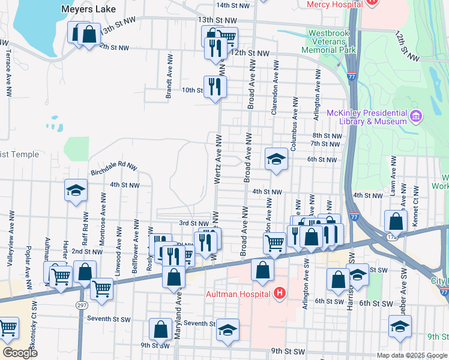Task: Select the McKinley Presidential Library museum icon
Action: point(416,115)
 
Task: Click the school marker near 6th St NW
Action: point(276,159)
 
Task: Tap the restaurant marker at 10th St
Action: point(214,86)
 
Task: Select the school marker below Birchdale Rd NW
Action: point(76,191)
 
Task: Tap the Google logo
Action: point(20,353)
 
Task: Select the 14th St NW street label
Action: point(233,5)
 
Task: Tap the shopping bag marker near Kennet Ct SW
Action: point(396,221)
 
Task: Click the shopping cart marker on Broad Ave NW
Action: point(274,243)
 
